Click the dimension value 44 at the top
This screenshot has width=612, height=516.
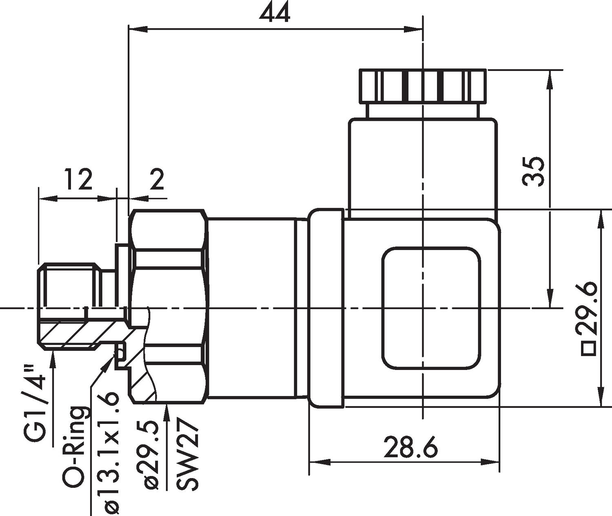275,13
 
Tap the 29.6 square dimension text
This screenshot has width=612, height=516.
587,308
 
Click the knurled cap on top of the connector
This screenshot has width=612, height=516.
423,86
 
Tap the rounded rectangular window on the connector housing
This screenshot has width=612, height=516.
431,308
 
